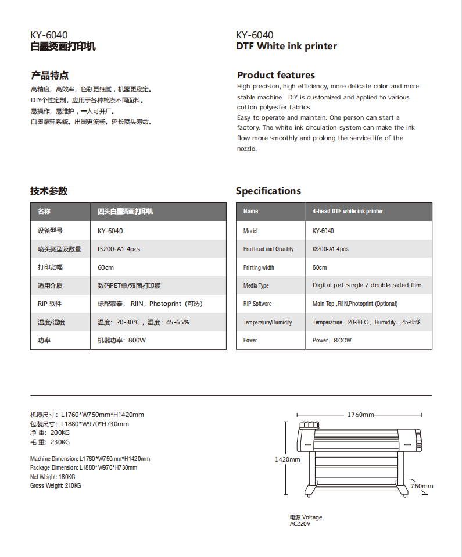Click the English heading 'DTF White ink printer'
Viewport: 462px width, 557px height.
click(x=286, y=47)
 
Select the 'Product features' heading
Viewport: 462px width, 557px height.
click(x=276, y=75)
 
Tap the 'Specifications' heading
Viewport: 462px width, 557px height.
click(x=268, y=191)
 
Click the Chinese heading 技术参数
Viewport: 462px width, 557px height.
click(x=49, y=191)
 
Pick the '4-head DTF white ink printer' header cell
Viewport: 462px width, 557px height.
click(x=348, y=211)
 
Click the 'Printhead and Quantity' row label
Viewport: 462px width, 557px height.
click(x=268, y=249)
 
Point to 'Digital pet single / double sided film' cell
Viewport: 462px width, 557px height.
click(x=367, y=285)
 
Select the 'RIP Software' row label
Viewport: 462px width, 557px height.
click(x=257, y=304)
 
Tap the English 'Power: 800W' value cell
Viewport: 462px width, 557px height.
click(x=332, y=340)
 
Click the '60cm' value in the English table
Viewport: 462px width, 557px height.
click(x=320, y=267)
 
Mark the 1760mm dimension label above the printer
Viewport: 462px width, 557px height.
click(x=360, y=415)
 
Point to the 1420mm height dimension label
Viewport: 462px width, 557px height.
click(x=287, y=459)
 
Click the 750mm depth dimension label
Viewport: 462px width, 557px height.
click(x=422, y=486)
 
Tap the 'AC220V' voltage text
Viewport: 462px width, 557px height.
click(x=300, y=524)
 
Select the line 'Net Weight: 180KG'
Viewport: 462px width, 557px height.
click(x=53, y=477)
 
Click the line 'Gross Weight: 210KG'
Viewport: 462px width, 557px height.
click(x=56, y=485)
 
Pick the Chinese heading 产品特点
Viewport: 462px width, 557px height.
click(x=49, y=75)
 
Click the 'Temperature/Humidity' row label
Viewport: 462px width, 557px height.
click(x=268, y=322)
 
